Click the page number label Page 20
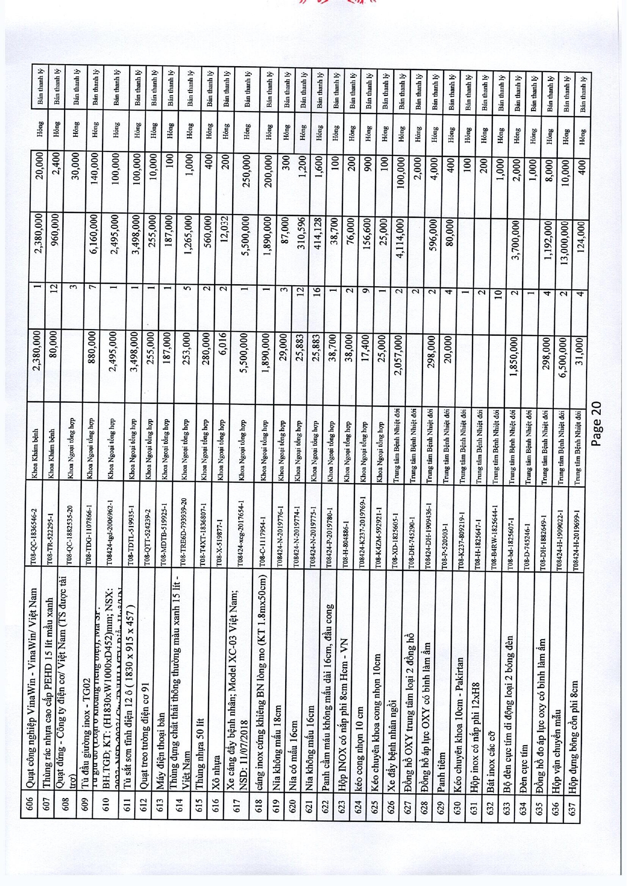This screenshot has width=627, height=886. coord(597,423)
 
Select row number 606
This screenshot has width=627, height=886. coord(32,802)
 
